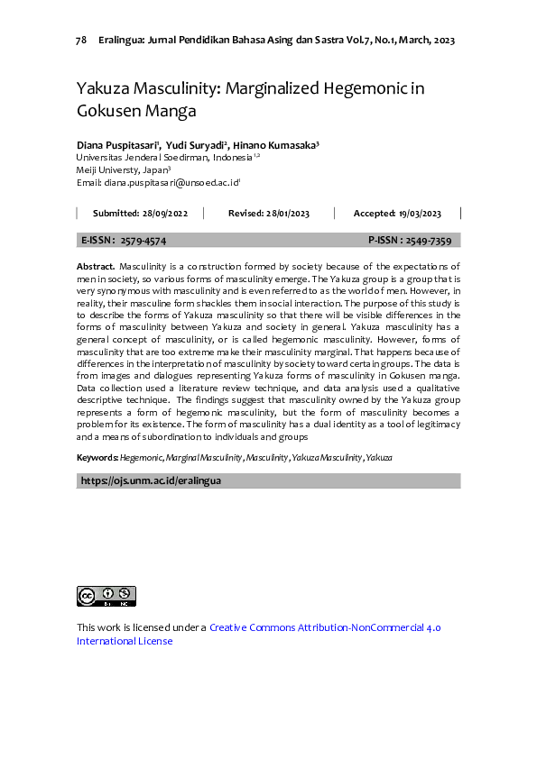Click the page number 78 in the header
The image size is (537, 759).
point(81,41)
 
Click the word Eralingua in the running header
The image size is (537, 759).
point(125,41)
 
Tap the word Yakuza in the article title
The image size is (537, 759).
point(106,89)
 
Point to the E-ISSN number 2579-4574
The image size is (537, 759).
point(143,241)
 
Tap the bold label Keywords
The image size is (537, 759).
point(97,458)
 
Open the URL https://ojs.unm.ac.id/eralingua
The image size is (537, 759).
point(151,481)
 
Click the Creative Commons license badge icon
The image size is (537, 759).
point(106,596)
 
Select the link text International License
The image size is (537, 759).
point(125,642)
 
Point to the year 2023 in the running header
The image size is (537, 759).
point(441,41)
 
